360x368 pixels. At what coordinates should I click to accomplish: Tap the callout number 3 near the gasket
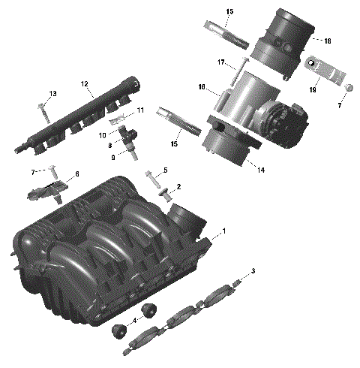(x=253, y=270)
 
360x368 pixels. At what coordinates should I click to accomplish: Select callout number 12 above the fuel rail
(x=85, y=83)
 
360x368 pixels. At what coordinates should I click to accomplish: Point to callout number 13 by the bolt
(x=52, y=93)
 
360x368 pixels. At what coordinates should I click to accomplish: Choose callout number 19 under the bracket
(x=313, y=89)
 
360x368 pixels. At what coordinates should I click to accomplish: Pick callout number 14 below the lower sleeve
(x=239, y=170)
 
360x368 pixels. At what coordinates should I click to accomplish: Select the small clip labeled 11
(x=115, y=118)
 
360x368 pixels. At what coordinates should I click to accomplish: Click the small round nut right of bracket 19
(x=349, y=89)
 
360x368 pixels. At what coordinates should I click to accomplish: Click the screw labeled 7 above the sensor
(x=52, y=167)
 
